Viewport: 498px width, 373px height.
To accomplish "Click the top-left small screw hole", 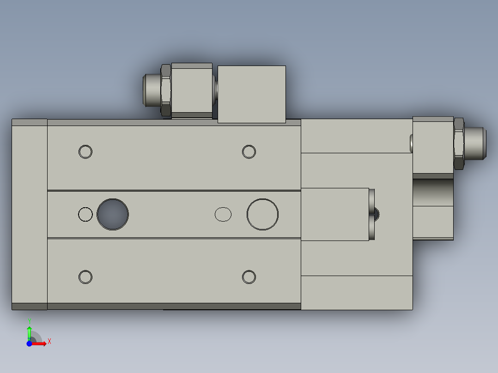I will [x=85, y=151].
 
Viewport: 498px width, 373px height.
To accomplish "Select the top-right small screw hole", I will [x=249, y=151].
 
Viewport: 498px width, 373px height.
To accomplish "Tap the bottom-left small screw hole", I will [x=85, y=277].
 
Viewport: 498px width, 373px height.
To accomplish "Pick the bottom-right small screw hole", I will [x=249, y=277].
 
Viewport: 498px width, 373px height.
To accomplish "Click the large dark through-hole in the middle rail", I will [x=113, y=214].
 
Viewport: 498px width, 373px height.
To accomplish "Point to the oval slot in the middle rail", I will [x=224, y=214].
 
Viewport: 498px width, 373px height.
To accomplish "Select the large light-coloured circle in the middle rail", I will [x=262, y=214].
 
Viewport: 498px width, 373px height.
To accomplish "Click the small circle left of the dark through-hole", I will [x=85, y=214].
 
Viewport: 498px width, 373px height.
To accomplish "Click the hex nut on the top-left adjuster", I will [x=166, y=90].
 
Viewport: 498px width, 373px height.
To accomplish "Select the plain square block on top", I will [x=251, y=94].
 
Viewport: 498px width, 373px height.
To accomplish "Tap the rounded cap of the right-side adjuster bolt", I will [x=475, y=144].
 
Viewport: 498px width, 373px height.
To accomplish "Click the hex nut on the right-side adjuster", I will [x=459, y=144].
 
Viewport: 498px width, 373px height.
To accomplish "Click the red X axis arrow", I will [x=41, y=343].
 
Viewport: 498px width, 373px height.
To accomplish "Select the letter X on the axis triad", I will [x=49, y=342].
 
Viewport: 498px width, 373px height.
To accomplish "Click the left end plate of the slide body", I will [x=30, y=214].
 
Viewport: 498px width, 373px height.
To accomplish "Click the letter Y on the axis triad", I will [x=30, y=320].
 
